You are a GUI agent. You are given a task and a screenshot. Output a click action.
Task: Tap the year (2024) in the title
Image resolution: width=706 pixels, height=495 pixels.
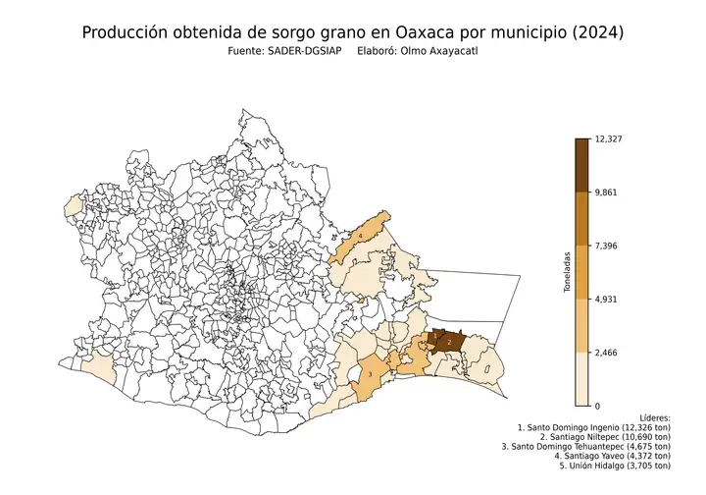click(590, 32)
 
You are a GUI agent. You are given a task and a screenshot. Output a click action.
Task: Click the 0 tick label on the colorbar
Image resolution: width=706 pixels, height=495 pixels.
click(598, 406)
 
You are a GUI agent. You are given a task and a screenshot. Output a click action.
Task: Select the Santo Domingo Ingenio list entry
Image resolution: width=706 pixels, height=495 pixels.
click(594, 429)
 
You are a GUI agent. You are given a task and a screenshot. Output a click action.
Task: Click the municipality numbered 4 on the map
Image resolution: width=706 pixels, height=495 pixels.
click(361, 237)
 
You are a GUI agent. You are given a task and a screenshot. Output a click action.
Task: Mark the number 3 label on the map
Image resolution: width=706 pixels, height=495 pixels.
click(369, 373)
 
